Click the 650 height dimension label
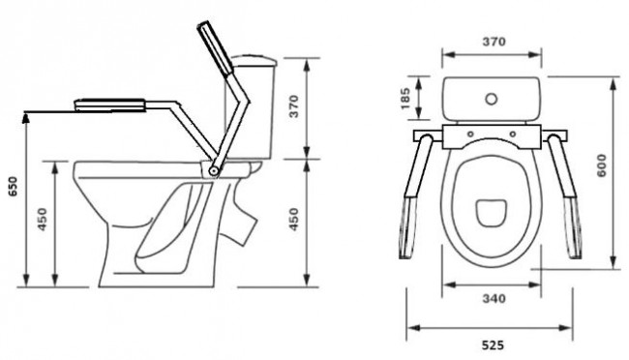[x=14, y=187]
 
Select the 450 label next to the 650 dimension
[x=43, y=219]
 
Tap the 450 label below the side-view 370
[x=294, y=219]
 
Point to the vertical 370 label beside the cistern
[x=294, y=105]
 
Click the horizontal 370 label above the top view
[x=494, y=42]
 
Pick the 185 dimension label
[x=404, y=99]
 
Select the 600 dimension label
[x=601, y=165]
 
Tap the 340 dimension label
[x=494, y=299]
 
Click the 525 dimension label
[x=493, y=345]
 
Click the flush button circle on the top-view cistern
[x=492, y=99]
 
